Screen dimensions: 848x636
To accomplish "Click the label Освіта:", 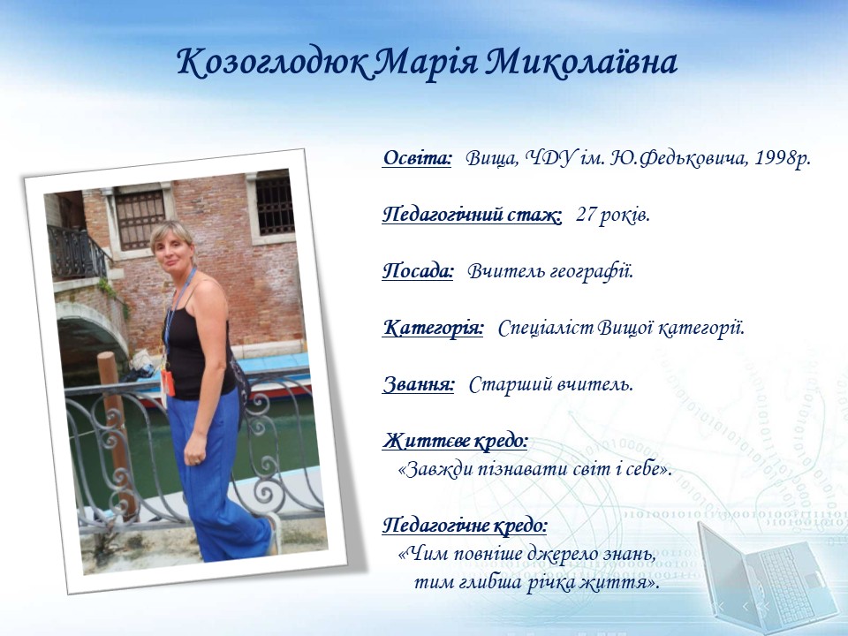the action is [417, 158].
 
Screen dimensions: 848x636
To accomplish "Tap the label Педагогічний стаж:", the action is [472, 216].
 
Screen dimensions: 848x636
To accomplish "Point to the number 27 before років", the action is [587, 215].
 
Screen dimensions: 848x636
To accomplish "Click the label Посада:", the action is [418, 270].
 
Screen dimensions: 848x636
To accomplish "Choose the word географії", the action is [591, 271].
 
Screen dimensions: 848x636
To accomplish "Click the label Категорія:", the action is [433, 328].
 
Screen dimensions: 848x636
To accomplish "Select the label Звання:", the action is [419, 384].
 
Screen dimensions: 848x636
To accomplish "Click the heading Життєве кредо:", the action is [455, 441].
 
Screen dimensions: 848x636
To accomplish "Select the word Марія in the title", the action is [426, 63].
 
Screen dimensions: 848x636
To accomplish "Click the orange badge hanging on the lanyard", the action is [168, 382].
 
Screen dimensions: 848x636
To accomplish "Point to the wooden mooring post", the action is [116, 433].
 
